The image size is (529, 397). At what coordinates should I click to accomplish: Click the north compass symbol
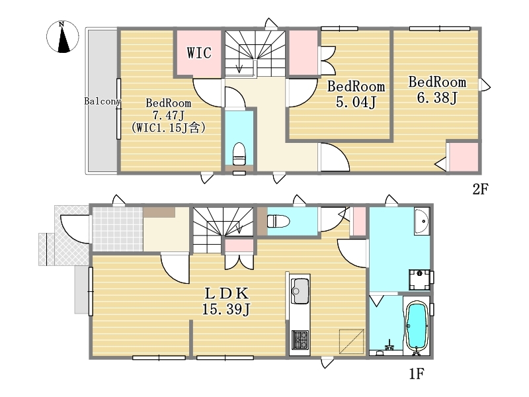(x=62, y=36)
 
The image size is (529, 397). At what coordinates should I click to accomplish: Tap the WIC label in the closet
(x=199, y=53)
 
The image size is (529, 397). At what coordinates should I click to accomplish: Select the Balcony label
(x=102, y=101)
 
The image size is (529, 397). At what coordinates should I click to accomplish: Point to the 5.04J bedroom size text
(x=356, y=102)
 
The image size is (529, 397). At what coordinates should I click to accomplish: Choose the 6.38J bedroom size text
(x=436, y=98)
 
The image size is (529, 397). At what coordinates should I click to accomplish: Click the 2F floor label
(x=480, y=189)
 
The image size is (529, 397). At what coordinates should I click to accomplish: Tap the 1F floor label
(x=417, y=374)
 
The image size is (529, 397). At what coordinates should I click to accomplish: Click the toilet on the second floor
(x=239, y=154)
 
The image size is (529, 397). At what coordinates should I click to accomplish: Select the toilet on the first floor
(x=278, y=222)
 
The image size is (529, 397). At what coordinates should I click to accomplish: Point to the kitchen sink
(x=300, y=291)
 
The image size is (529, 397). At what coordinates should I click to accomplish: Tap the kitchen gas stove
(x=300, y=340)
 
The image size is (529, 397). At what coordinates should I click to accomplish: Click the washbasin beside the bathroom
(x=422, y=221)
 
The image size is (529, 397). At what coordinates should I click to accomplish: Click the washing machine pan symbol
(x=419, y=279)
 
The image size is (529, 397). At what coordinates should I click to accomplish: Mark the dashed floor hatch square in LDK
(x=352, y=341)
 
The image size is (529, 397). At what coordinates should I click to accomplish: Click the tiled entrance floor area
(x=118, y=229)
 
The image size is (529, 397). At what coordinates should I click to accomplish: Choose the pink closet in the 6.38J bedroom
(x=464, y=157)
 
